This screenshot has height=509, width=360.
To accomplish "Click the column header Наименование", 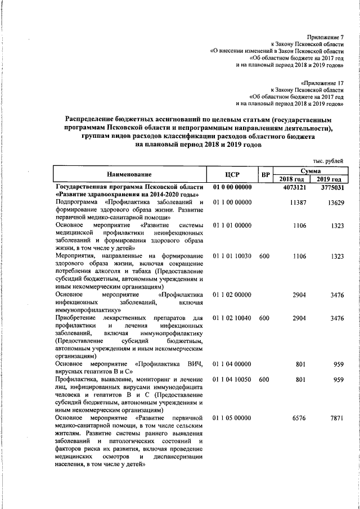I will (130, 175).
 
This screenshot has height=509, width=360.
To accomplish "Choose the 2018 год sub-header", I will (292, 179).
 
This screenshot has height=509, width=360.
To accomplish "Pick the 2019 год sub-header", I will (329, 179).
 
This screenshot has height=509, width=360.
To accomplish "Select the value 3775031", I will (330, 187).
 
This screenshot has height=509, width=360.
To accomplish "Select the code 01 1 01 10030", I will (232, 256).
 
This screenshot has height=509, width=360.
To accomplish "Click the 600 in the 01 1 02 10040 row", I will (264, 318).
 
